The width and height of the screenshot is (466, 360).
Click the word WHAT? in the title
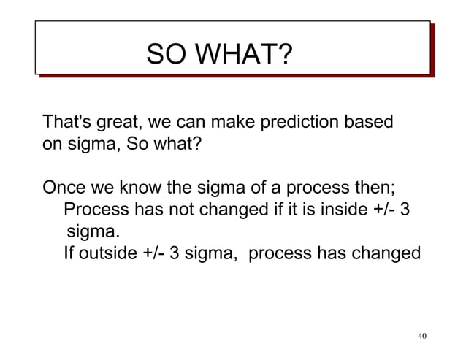[x=248, y=55]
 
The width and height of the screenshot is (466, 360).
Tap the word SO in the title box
[x=167, y=55]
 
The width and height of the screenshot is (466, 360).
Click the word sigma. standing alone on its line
[x=92, y=232]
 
